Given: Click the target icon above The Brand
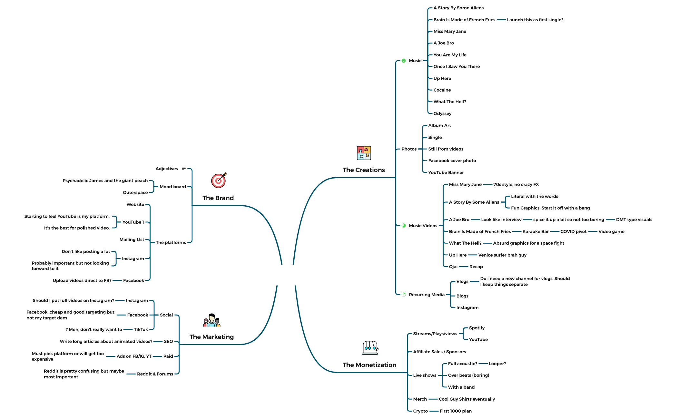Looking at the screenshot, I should point(219,180).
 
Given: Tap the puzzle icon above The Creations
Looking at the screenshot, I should point(364,153).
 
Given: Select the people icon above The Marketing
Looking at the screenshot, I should point(212,320).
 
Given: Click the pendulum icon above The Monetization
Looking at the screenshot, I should point(370,348).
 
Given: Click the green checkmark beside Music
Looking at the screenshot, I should point(404,61).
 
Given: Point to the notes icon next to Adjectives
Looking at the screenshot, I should point(184,169).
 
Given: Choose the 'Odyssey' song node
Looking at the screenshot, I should point(442,113).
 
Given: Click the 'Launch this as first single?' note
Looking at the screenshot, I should point(535,20).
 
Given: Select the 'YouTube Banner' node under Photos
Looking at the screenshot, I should point(446,172).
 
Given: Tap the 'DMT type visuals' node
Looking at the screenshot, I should point(634,219).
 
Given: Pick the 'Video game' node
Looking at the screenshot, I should point(611,231).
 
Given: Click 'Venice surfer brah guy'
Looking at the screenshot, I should point(502,255).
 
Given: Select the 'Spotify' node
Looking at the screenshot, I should point(476,328).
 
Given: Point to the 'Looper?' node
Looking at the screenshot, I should point(497,364).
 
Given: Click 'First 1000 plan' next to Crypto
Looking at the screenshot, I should point(456,411).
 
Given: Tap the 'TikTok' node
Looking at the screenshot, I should point(141,329).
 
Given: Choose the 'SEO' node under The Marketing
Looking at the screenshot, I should point(168,341).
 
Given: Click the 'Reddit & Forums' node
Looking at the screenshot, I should point(155,374).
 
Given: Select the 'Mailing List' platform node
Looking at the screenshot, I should point(132,239).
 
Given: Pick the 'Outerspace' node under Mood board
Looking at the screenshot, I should point(135,192).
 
